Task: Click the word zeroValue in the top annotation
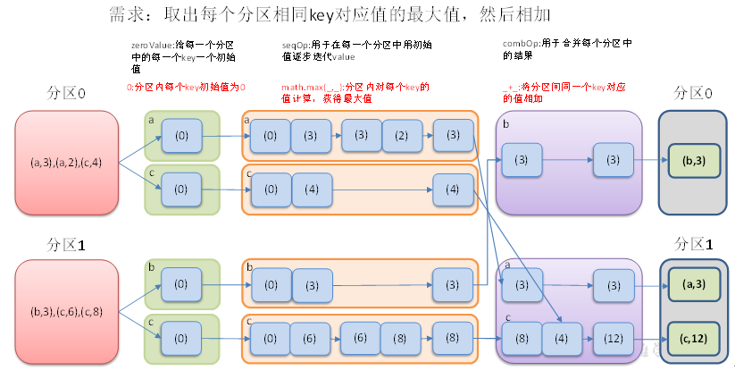(x=148, y=44)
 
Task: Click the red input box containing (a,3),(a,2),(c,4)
(x=66, y=163)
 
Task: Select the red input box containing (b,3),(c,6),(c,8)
(x=66, y=312)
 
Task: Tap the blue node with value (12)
(x=613, y=339)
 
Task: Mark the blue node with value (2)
(x=401, y=136)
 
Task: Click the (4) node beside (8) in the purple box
(x=561, y=339)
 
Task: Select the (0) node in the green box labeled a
(x=181, y=136)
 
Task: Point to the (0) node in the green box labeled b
(x=181, y=284)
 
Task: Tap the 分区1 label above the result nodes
(x=694, y=244)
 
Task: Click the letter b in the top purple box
(x=505, y=124)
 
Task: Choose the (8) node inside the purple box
(x=522, y=339)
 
